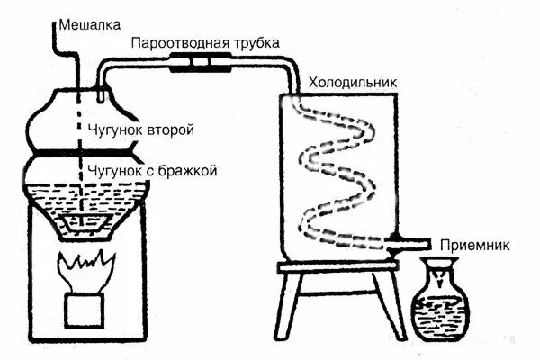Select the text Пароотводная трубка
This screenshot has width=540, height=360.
click(x=205, y=43)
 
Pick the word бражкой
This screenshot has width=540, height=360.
click(x=186, y=170)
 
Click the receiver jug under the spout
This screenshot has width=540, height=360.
click(x=436, y=301)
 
